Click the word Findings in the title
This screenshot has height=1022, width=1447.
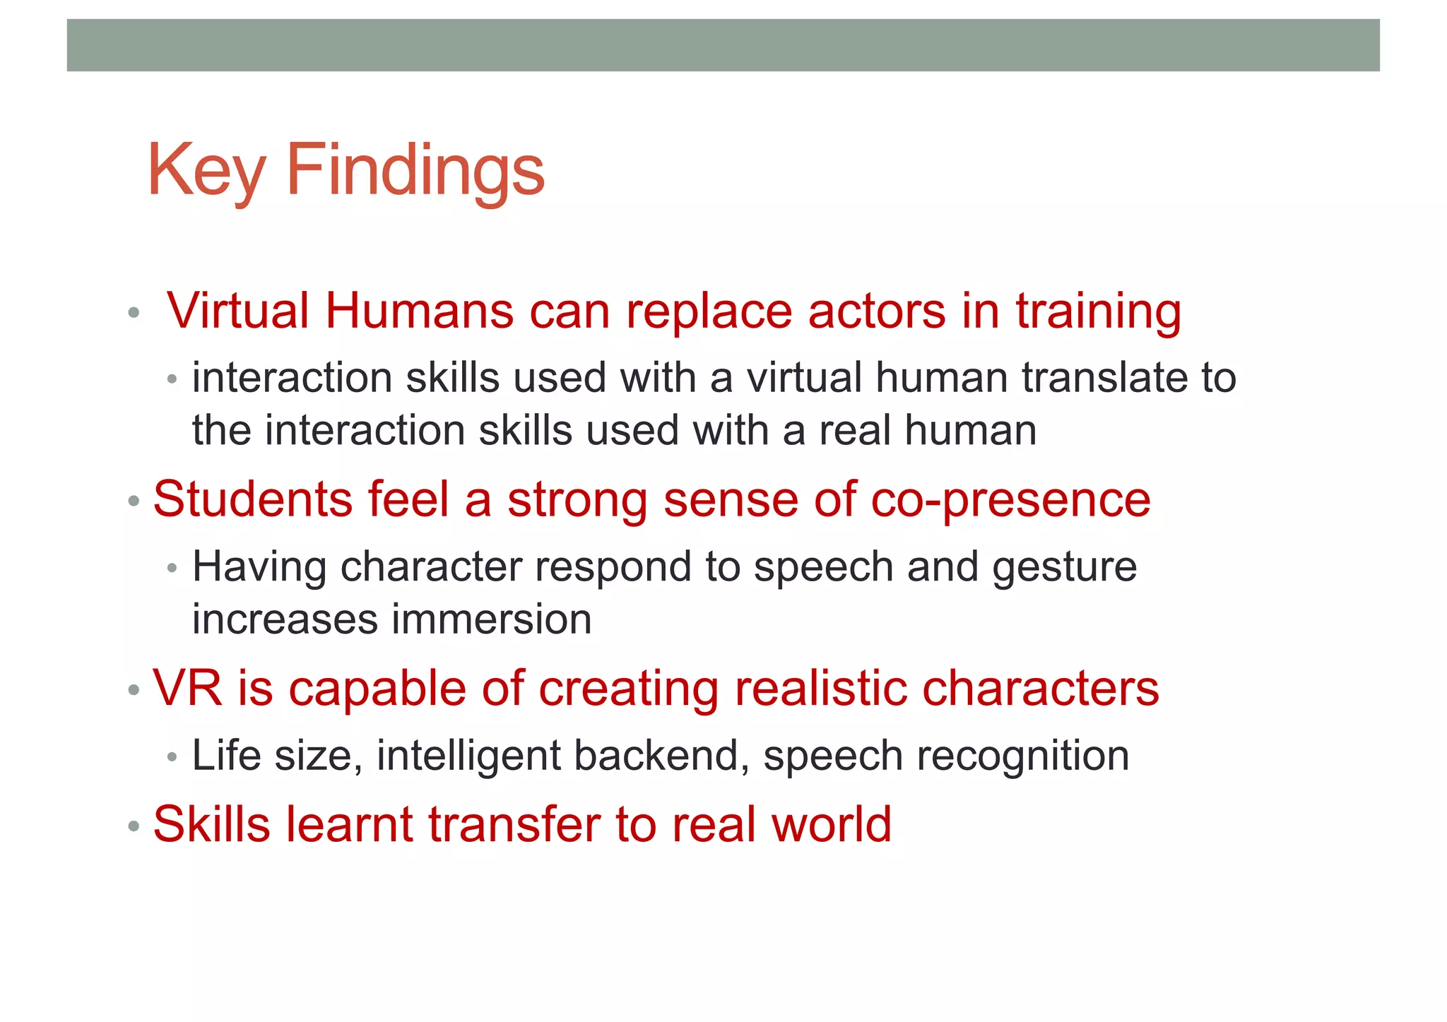pos(415,171)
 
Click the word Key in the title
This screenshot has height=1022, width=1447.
pos(206,171)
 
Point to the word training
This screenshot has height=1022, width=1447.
pos(1098,312)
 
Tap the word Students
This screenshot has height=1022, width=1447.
pos(252,499)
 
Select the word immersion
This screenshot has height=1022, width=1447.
pos(492,619)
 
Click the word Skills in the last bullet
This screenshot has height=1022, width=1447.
pos(211,824)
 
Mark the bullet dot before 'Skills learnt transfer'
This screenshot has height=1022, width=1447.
pos(134,825)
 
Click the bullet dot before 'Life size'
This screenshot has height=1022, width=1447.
pos(172,758)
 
